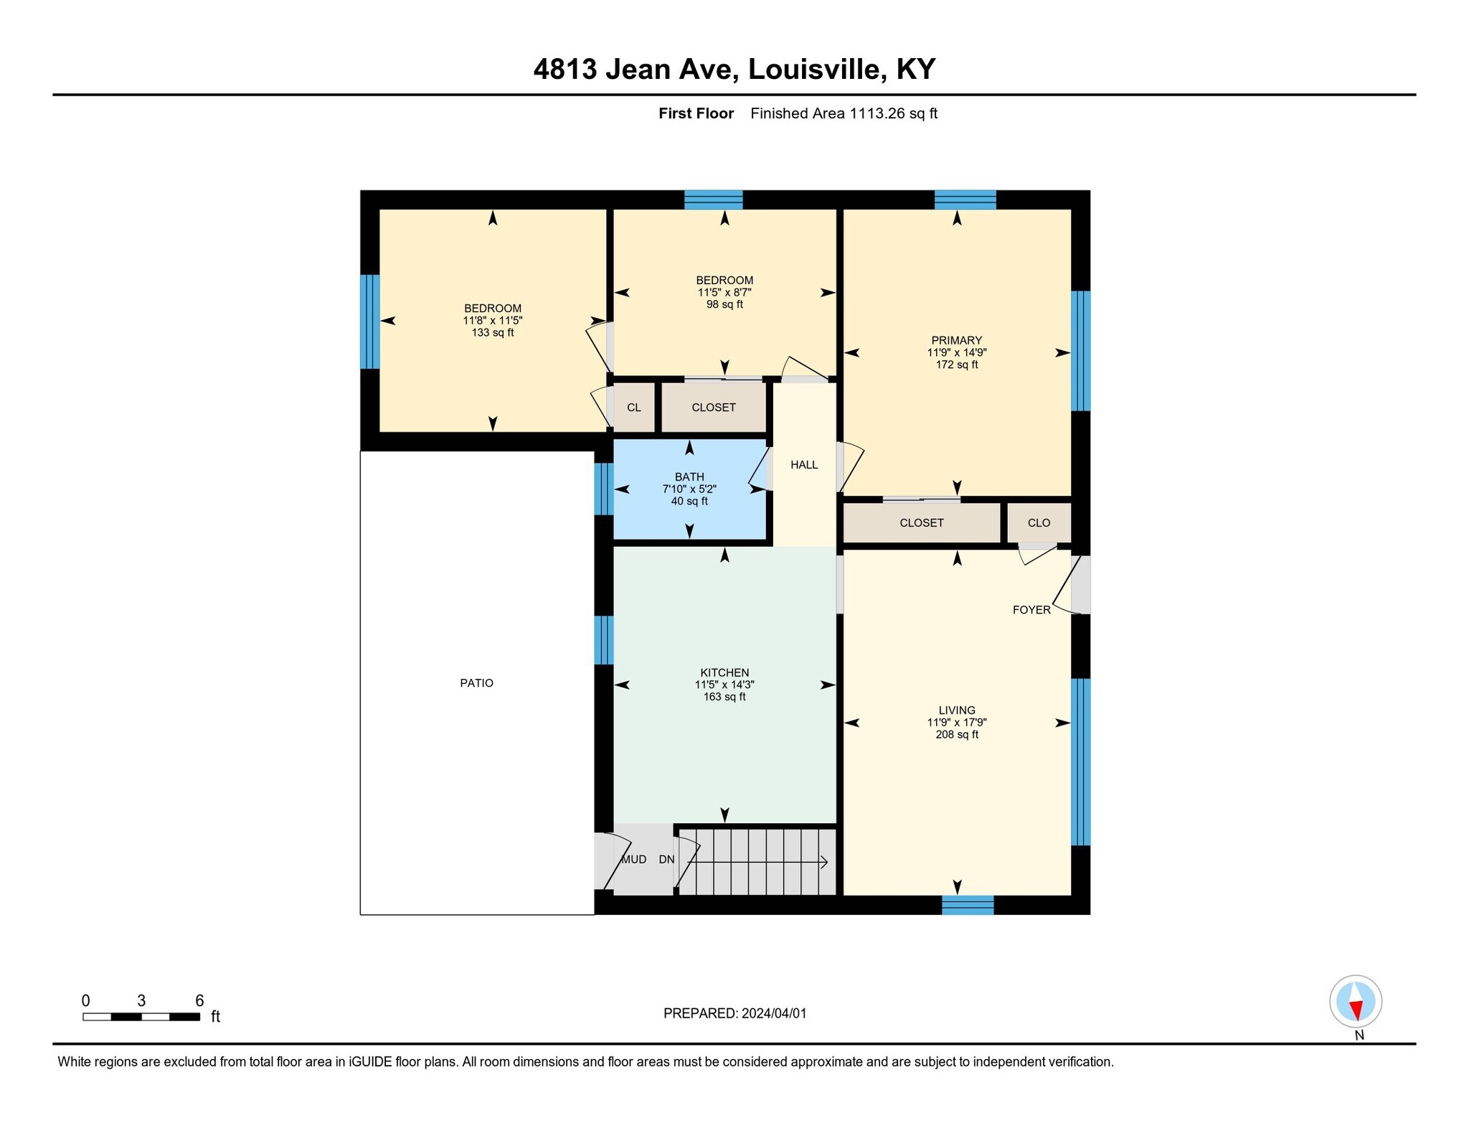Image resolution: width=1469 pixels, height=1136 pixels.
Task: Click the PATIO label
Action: click(476, 683)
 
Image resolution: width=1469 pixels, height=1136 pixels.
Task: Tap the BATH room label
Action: click(689, 477)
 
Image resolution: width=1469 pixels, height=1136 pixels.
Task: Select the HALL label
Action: click(804, 465)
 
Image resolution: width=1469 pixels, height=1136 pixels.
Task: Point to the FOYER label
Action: click(1031, 610)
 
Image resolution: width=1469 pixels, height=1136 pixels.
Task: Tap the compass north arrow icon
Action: click(1355, 1001)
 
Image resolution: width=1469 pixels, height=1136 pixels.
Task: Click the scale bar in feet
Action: click(141, 1016)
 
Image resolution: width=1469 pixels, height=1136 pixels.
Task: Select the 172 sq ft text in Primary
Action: click(956, 365)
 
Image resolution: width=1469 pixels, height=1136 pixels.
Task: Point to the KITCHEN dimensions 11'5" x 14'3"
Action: click(724, 685)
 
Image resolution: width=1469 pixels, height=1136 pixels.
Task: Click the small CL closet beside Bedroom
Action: click(633, 408)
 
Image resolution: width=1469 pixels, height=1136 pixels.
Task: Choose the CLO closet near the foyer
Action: click(1039, 522)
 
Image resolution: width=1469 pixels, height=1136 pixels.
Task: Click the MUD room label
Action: click(633, 859)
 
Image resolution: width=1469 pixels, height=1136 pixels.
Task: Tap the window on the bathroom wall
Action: click(604, 489)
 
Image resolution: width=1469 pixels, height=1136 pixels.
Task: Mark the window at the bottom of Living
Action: click(968, 905)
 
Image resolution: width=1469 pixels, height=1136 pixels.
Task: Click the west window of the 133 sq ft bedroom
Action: click(369, 321)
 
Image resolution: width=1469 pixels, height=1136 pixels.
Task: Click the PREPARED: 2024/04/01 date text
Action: click(734, 1013)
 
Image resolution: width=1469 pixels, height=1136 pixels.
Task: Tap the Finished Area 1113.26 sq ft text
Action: click(844, 113)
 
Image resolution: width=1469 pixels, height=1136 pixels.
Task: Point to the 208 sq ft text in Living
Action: click(956, 735)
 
